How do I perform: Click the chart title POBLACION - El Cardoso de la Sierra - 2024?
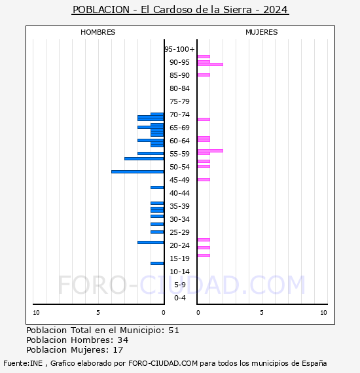pos(180,10)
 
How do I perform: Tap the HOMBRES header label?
pos(98,32)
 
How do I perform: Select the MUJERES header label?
pos(261,32)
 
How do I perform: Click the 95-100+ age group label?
pos(179,49)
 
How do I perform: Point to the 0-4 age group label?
pos(179,298)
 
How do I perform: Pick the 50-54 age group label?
pos(179,167)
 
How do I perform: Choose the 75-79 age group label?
pos(179,101)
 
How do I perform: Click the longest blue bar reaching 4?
pos(137,171)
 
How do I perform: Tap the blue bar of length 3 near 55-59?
pos(144,158)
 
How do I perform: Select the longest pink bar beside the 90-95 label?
pos(209,64)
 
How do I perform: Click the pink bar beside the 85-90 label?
pos(204,75)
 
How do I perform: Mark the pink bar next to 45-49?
pos(204,179)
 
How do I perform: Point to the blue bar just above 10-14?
pos(157,263)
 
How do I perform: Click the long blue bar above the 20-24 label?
pos(151,242)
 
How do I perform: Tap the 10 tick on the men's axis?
pos(36,313)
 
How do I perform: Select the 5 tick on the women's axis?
pos(261,313)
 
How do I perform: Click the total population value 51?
pos(173,330)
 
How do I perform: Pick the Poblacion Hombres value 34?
pos(123,340)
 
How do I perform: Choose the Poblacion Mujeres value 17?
pos(118,350)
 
